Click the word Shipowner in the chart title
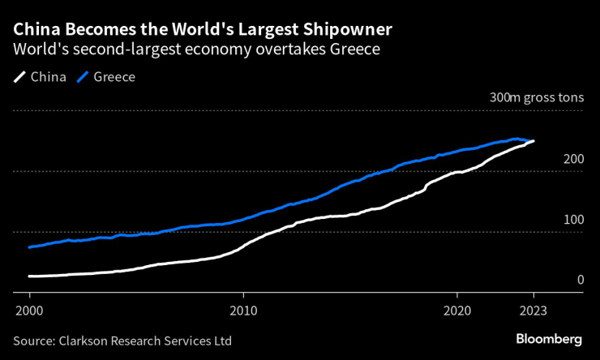pyautogui.click(x=347, y=29)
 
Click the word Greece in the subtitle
pyautogui.click(x=358, y=49)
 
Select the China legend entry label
pyautogui.click(x=49, y=77)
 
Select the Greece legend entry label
pyautogui.click(x=114, y=77)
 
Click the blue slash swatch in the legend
pyautogui.click(x=82, y=78)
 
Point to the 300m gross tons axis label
pyautogui.click(x=536, y=97)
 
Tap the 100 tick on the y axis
pyautogui.click(x=573, y=220)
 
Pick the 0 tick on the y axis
pyautogui.click(x=580, y=280)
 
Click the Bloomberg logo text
pyautogui.click(x=549, y=338)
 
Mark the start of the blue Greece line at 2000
pyautogui.click(x=29, y=246)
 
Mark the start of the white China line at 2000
pyautogui.click(x=29, y=276)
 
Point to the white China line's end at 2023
pyautogui.click(x=533, y=141)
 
